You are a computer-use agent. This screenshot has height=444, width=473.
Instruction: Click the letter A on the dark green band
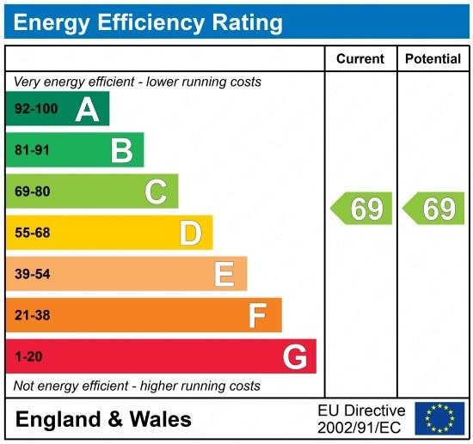(x=87, y=109)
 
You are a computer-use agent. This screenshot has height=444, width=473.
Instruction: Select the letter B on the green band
(x=121, y=150)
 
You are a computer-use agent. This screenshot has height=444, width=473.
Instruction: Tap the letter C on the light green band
(x=156, y=192)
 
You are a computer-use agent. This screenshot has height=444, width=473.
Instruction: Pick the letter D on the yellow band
(x=190, y=233)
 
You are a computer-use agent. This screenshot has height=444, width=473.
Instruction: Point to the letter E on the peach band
(x=224, y=274)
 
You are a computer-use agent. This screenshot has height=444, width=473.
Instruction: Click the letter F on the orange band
(x=258, y=315)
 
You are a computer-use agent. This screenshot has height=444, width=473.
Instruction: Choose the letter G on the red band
(x=294, y=356)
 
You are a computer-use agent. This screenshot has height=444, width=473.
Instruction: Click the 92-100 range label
(x=35, y=109)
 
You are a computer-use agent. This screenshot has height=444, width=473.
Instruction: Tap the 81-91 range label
(x=33, y=150)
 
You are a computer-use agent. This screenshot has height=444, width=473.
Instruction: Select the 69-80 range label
(x=33, y=192)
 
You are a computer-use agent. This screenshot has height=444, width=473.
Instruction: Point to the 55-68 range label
(x=33, y=233)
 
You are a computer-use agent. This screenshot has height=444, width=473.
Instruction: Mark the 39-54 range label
(x=33, y=274)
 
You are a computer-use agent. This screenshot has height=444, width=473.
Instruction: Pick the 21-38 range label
(x=33, y=315)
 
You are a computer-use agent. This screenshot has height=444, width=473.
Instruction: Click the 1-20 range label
(x=28, y=356)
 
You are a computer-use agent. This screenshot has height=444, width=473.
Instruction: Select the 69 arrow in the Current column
(x=362, y=209)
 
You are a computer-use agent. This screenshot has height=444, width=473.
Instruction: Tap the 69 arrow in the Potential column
(x=434, y=209)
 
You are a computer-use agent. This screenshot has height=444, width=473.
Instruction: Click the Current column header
(x=359, y=58)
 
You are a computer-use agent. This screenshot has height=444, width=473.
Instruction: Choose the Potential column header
(x=433, y=58)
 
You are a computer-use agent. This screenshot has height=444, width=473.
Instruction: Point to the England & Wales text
(x=103, y=419)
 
